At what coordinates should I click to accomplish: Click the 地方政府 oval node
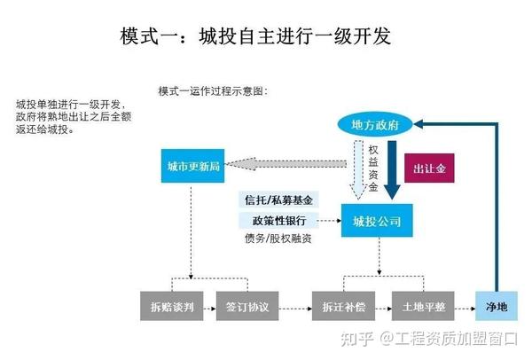pos(375,125)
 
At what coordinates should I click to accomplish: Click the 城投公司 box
pos(378,220)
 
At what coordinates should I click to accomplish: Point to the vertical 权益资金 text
pos(373,168)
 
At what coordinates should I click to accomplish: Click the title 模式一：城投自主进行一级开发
pos(254,36)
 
